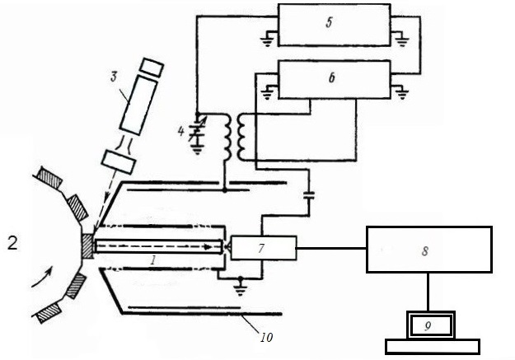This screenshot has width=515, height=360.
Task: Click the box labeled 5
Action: tap(335, 25)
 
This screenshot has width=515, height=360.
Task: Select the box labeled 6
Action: tap(335, 79)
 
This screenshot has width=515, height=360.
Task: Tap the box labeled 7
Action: tap(264, 248)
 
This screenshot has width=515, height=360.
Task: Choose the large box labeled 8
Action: tap(429, 250)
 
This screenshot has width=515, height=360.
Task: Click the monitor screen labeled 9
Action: tap(431, 325)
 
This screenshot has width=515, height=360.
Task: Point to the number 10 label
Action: tap(266, 337)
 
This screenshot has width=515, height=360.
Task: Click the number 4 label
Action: tap(180, 132)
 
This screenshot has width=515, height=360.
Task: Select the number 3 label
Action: tap(114, 77)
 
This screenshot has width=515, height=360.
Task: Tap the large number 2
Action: tap(12, 243)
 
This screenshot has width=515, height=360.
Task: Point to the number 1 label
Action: tap(152, 260)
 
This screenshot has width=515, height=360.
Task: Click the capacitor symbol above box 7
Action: tap(308, 196)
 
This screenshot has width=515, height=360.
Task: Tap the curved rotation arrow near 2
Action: tap(42, 277)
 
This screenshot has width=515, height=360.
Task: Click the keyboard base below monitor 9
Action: tap(433, 347)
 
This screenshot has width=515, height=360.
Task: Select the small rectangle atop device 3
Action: tap(152, 68)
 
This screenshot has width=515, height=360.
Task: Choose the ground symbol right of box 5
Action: tap(401, 39)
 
